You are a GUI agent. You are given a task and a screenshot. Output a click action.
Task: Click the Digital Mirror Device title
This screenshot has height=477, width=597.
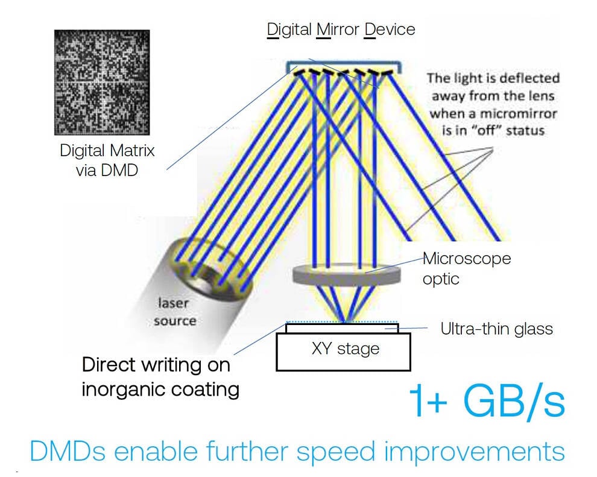pyautogui.click(x=341, y=30)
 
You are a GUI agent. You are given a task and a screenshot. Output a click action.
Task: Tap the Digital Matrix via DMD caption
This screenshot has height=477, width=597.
pyautogui.click(x=107, y=160)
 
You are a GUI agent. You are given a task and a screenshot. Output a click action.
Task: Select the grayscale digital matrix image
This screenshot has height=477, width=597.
pyautogui.click(x=102, y=82)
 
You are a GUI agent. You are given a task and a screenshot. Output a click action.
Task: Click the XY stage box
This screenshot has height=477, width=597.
pyautogui.click(x=344, y=352)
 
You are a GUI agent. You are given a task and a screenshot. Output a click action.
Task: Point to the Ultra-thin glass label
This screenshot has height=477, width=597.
pyautogui.click(x=496, y=329)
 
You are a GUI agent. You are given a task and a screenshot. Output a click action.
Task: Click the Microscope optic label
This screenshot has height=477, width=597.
pyautogui.click(x=467, y=268)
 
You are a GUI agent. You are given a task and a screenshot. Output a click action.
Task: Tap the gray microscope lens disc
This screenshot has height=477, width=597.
pyautogui.click(x=347, y=275)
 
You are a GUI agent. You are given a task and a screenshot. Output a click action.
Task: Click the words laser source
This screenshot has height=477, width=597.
pyautogui.click(x=175, y=312)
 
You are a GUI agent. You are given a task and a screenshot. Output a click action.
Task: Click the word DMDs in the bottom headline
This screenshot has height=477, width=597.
pyautogui.click(x=68, y=451)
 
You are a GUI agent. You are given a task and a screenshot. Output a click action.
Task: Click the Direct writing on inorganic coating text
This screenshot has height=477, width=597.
pyautogui.click(x=160, y=377)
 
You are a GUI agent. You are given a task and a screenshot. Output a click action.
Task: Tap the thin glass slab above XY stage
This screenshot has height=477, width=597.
pyautogui.click(x=342, y=328)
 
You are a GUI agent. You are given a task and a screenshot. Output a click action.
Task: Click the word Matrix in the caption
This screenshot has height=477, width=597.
pyautogui.click(x=131, y=150)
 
